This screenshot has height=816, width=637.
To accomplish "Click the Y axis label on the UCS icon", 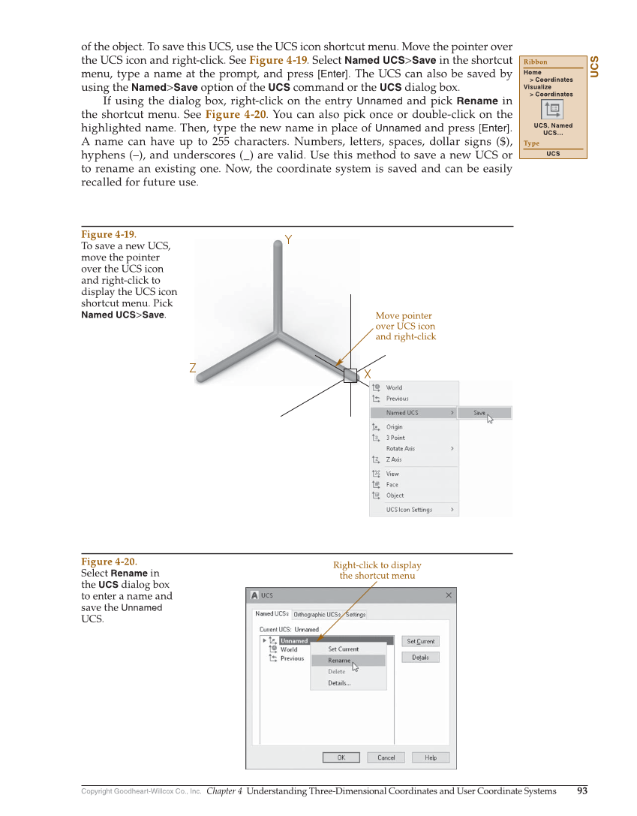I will coord(288,240).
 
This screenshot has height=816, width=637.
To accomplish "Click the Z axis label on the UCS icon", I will coord(193,369).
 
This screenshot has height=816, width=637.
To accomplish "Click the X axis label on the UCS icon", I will coord(368,374).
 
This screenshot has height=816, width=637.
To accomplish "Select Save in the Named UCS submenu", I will coord(480,413).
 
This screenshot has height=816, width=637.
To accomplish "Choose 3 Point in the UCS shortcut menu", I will coord(395,438).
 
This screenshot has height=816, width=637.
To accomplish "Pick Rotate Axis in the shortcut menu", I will coord(401,449).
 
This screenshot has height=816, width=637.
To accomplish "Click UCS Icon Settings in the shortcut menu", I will coord(409,510).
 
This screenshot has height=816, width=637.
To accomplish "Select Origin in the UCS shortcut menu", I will coord(395,427).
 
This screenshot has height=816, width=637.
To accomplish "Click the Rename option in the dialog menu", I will coord(339,661).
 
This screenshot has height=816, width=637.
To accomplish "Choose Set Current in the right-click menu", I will coord(344,649).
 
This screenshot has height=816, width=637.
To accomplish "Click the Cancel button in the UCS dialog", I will coord(386,757).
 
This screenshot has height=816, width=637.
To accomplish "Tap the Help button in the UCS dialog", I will coord(431,757).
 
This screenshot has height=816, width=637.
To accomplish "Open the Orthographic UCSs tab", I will coord(317,614).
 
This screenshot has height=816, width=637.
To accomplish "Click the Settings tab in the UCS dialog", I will coord(356,614).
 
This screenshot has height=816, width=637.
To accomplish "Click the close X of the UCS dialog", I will coord(449,595).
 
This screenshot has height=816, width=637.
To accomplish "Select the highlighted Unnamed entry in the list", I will coord(294,641).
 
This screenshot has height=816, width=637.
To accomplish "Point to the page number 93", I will coord(582,790).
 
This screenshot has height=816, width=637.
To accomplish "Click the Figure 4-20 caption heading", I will coord(109,562).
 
